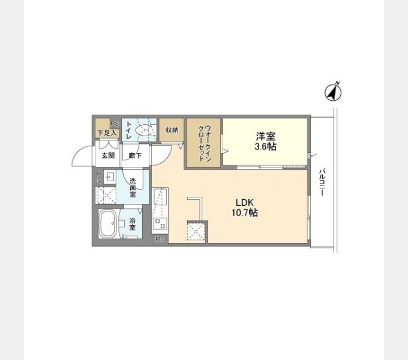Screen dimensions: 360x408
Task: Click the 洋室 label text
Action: click(265, 135)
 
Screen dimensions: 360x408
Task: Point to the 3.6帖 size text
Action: click(265, 146)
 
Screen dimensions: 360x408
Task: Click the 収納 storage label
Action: click(172, 130)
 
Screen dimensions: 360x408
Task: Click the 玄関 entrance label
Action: click(107, 156)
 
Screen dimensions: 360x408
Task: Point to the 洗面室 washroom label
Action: click(133, 187)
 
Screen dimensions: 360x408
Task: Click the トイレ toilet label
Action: click(129, 130)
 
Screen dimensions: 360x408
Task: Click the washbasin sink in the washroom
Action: click(110, 177)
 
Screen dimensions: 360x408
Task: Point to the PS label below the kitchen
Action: click(160, 239)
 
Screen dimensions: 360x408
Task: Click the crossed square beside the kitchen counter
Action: click(196, 232)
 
